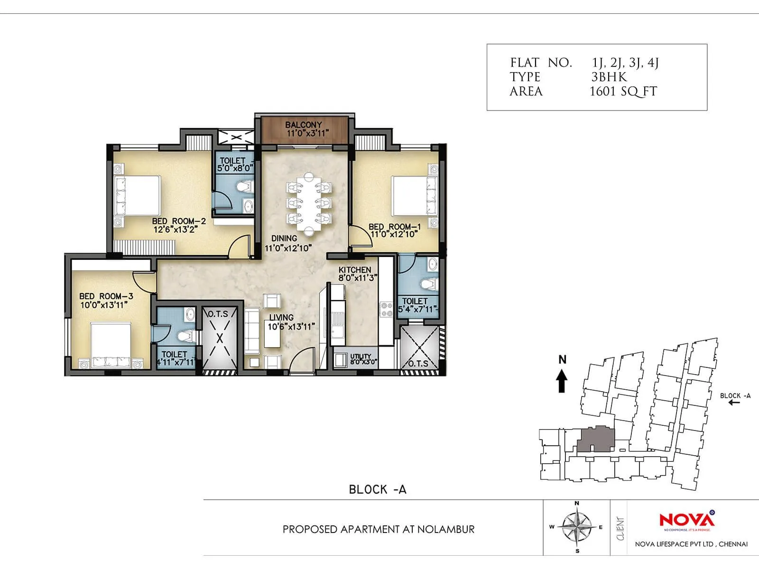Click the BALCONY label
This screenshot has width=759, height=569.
304,129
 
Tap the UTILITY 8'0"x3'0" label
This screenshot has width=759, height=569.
363,359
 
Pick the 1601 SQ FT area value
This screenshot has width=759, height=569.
623,92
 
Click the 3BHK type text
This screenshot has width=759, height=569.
609,77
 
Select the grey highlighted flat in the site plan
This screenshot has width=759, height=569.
596,439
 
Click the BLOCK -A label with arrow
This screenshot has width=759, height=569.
735,398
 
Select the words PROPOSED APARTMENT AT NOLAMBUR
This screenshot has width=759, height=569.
378,529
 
